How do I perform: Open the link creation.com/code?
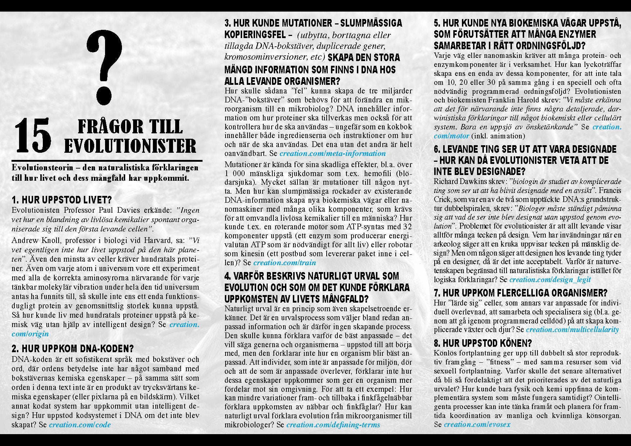click(80, 424)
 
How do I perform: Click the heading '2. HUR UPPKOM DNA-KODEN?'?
click(73, 349)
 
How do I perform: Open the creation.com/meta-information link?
click(332, 153)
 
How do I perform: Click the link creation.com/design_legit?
click(550, 280)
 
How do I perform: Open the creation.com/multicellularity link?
click(572, 330)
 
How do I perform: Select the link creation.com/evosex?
click(477, 424)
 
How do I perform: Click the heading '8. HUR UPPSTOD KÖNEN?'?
click(483, 343)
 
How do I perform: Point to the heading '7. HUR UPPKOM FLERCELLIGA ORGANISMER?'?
click(521, 293)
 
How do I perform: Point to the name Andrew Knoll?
click(32, 240)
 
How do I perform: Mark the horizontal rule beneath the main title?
click(107, 160)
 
